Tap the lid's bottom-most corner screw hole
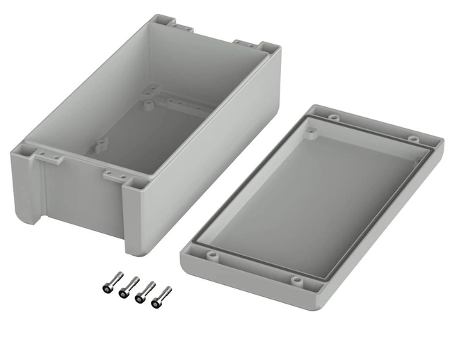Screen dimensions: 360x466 point(298,281)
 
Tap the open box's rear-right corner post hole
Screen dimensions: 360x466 point(268,48)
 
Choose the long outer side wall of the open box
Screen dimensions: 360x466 point(209,160)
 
